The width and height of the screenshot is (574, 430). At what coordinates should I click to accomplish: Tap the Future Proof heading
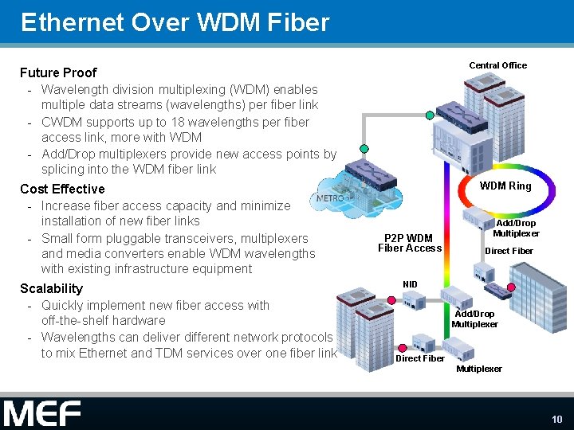[58, 72]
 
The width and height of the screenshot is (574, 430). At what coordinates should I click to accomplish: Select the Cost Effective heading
[62, 189]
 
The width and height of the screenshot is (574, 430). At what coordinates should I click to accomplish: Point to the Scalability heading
[52, 288]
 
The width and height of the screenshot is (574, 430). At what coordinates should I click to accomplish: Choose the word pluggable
[142, 238]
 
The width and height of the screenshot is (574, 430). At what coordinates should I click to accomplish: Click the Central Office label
[497, 65]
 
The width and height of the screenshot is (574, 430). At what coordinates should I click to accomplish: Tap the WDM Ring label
[505, 186]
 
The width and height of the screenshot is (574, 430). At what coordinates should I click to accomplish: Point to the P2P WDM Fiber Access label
[409, 243]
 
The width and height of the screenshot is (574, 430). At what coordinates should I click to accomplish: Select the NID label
[410, 283]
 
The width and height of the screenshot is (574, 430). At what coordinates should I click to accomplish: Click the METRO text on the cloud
[329, 197]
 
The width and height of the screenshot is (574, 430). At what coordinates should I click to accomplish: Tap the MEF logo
[42, 413]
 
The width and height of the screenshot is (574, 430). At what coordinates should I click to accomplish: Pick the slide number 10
[556, 419]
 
